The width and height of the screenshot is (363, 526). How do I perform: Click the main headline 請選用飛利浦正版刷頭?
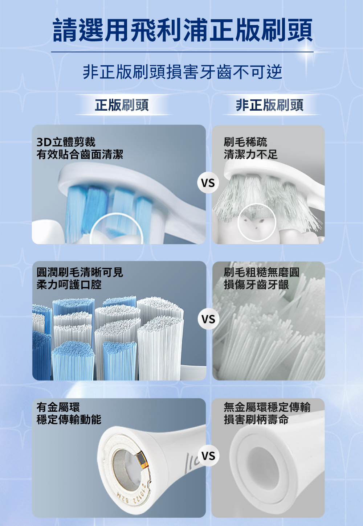point(183,30)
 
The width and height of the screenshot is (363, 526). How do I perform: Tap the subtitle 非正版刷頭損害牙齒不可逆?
point(182,72)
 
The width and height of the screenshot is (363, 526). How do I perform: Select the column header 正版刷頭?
point(122,105)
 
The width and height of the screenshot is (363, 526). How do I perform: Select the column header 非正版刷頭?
point(269,105)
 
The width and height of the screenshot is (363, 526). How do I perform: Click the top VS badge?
point(208,183)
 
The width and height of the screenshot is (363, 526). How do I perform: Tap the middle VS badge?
point(208,319)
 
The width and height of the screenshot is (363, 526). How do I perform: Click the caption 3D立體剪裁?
point(66,142)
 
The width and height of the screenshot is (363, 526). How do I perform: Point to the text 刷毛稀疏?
point(245,142)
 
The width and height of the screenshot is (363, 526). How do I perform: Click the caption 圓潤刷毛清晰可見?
point(79,272)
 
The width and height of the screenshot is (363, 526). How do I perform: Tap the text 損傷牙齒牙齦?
point(256,285)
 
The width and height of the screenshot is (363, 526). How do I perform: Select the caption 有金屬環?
point(58,407)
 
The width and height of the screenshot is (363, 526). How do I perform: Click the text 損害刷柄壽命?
point(256,420)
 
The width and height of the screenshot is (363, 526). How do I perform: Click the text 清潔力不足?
point(251,155)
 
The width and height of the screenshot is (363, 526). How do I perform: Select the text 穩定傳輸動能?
point(69,420)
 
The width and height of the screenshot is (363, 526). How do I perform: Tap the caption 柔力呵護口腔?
point(69,285)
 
